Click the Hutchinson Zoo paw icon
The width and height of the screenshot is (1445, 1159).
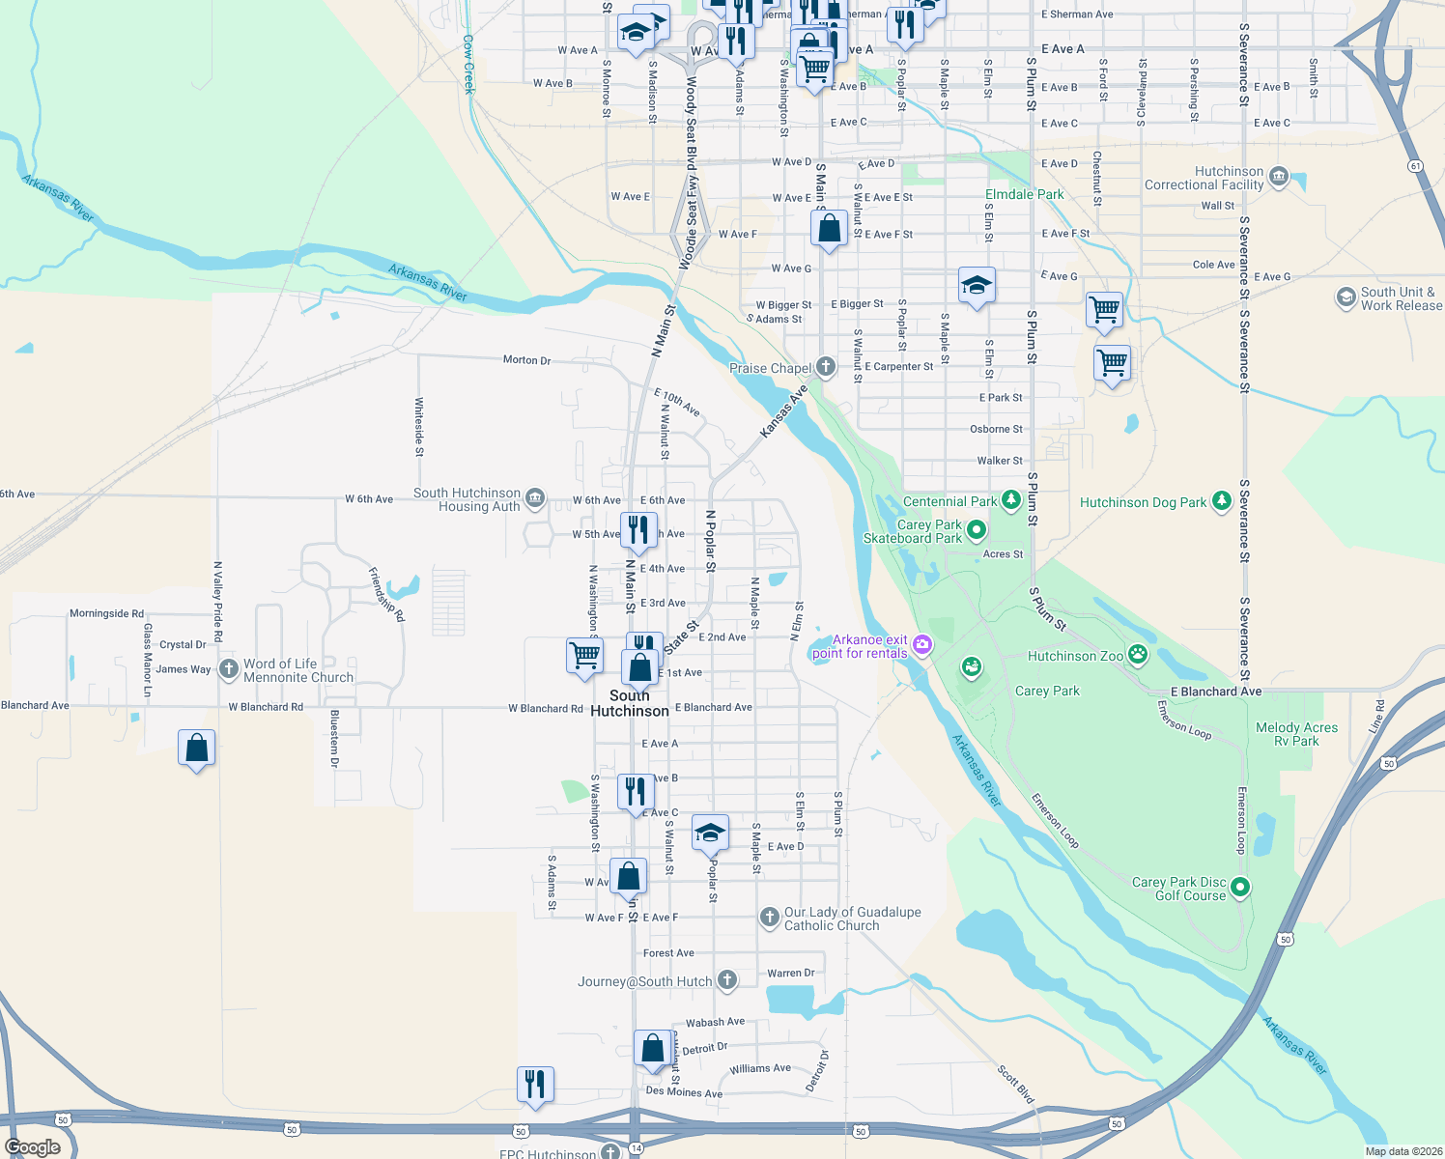coord(1139,656)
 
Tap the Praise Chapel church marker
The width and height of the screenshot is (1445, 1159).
coord(825,367)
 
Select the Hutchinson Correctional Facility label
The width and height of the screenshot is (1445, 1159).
coord(1204,178)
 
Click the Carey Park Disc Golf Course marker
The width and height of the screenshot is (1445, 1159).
coord(1240,887)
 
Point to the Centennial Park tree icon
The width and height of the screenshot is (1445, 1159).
coord(1011,500)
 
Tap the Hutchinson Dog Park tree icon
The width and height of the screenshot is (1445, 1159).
coord(1222,500)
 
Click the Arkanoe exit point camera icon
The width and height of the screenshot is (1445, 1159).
coord(922,644)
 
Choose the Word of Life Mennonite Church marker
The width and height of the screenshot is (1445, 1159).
coord(228,668)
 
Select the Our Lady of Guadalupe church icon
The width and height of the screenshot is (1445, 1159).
coord(769,918)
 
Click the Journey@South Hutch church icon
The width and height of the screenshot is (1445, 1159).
coord(727,981)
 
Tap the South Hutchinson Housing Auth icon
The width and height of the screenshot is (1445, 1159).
coord(535,498)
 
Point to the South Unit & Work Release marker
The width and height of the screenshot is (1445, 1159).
coord(1346,297)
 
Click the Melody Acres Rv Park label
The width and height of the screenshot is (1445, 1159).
coord(1296,734)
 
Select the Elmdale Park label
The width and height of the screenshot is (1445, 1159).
coord(1024,194)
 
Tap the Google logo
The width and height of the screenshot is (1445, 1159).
coord(33,1147)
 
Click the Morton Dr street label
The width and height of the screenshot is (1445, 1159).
coord(526,360)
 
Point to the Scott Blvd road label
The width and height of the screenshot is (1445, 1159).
coord(1015,1085)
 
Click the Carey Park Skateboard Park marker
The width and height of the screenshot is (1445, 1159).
coord(977,529)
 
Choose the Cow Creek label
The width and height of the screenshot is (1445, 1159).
coord(468,64)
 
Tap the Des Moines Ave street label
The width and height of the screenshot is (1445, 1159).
coord(684,1092)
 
